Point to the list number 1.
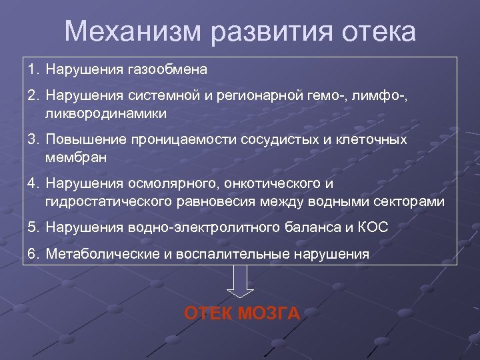tap(33, 69)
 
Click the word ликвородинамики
tap(106, 114)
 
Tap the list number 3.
tap(33, 141)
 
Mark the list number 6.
tap(33, 253)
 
